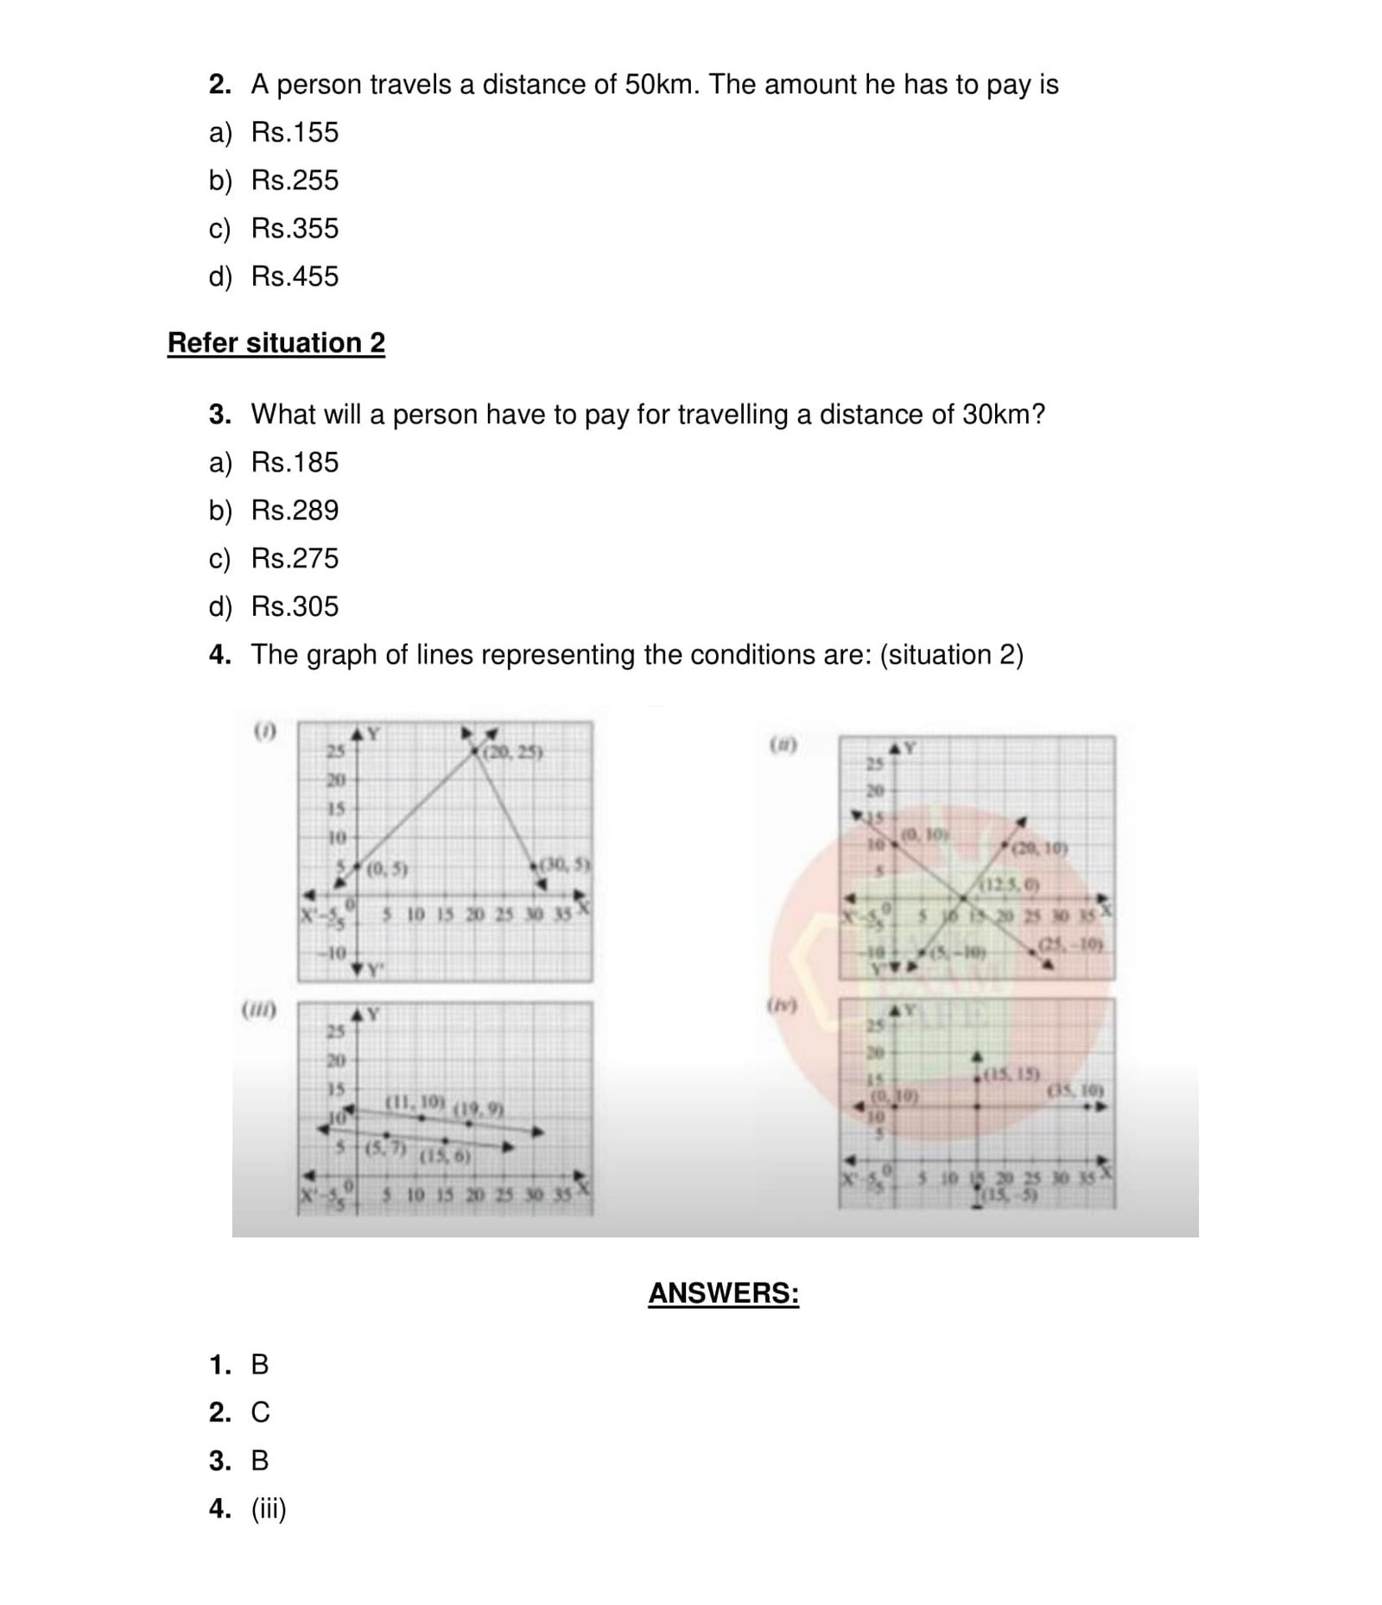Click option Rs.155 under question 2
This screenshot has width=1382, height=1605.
(294, 132)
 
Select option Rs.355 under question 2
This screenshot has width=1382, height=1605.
(294, 228)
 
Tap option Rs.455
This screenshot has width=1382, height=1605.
(294, 276)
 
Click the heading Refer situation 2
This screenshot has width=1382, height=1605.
(276, 343)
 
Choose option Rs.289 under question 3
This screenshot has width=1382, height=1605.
(294, 511)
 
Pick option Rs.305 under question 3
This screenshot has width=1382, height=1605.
(294, 606)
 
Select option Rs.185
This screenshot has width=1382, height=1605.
(294, 462)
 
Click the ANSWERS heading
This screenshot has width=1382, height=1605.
(723, 1293)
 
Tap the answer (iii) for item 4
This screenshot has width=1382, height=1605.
(268, 1509)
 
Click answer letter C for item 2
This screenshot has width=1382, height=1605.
(260, 1412)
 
